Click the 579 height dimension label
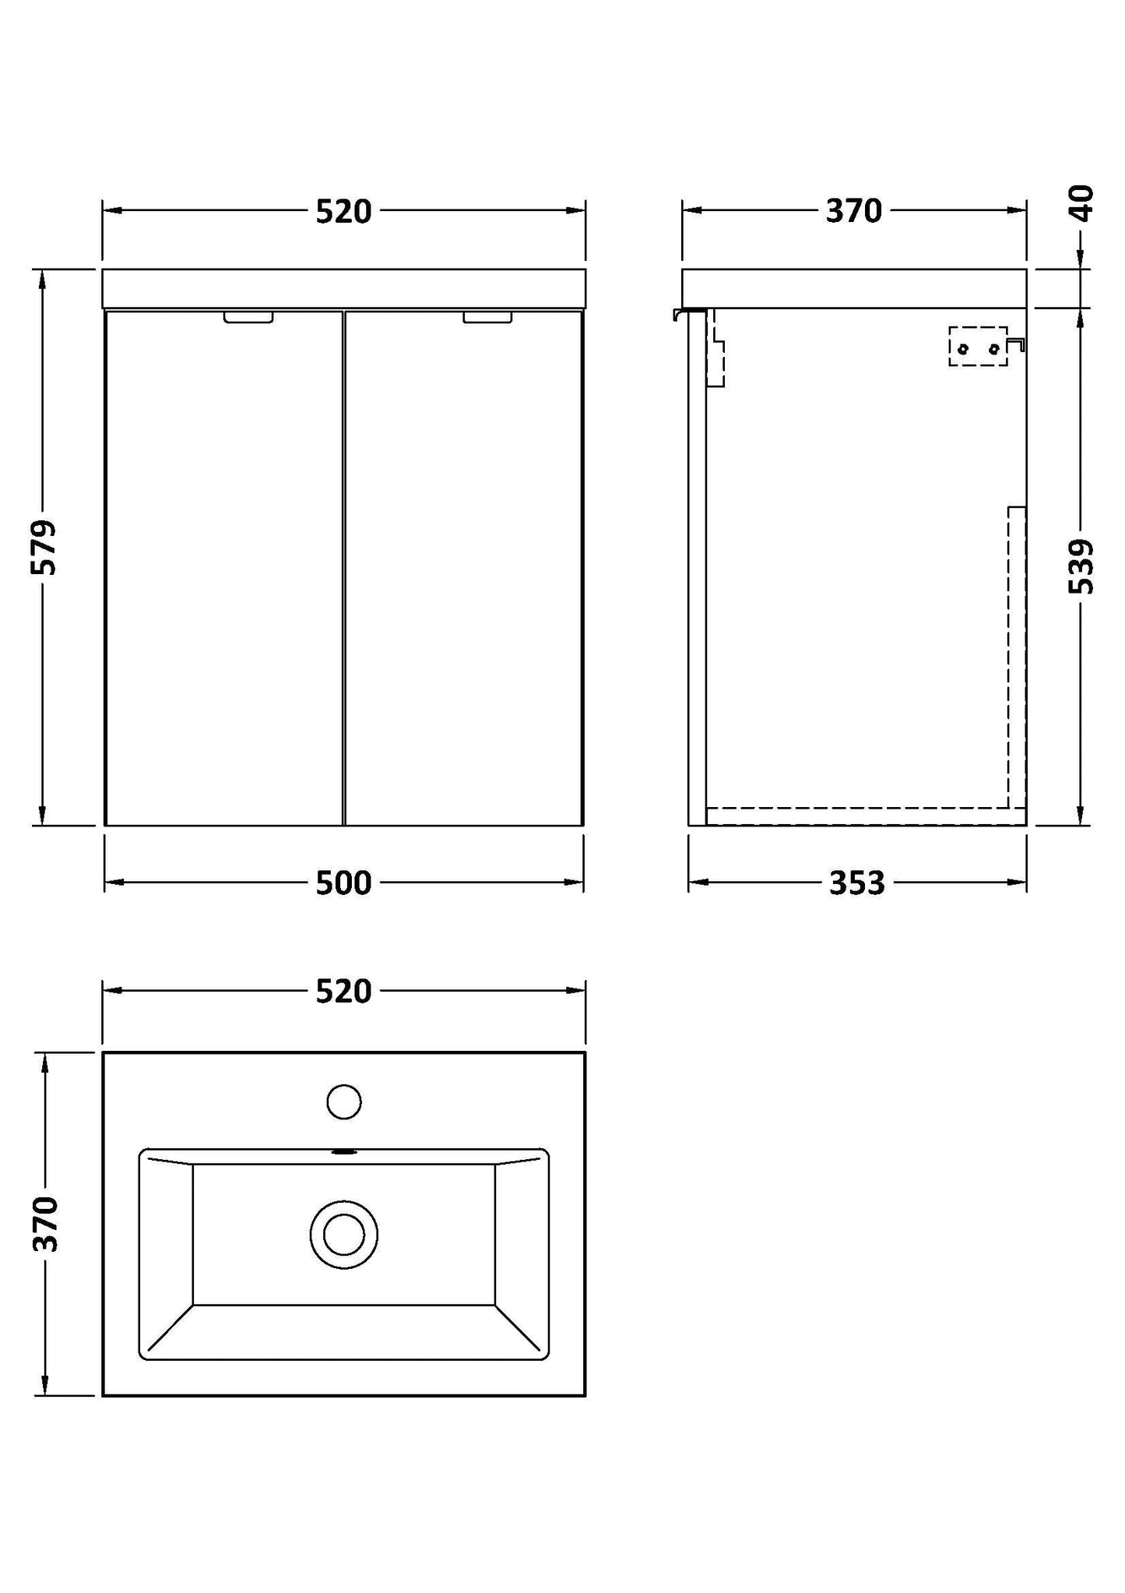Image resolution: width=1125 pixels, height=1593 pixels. point(44,547)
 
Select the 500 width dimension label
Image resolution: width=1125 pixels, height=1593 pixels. point(343,883)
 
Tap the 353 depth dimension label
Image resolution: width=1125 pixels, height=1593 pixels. point(856,883)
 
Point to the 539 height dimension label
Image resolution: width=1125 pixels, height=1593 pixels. point(1081,566)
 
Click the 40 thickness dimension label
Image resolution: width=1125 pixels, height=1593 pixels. point(1082,203)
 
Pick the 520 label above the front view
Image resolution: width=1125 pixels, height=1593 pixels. point(343,212)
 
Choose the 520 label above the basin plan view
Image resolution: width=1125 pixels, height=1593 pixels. point(343,992)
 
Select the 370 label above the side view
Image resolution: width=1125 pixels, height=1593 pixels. point(853,211)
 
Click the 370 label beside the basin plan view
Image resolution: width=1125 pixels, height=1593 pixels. point(46,1224)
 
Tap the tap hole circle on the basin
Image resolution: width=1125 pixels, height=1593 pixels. point(344,1102)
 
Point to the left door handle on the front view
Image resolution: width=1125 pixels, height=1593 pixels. point(248,318)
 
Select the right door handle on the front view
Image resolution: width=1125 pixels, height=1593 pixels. point(487,318)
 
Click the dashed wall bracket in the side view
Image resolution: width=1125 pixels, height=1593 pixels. point(978,347)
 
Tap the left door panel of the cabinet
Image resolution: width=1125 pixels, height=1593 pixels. point(223,569)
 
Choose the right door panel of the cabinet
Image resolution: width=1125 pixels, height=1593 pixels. point(464,569)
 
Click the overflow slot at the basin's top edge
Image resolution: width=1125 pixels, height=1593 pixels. point(343,1151)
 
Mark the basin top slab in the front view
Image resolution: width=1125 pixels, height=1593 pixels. point(343,289)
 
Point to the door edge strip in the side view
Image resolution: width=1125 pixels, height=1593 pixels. point(697,569)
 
